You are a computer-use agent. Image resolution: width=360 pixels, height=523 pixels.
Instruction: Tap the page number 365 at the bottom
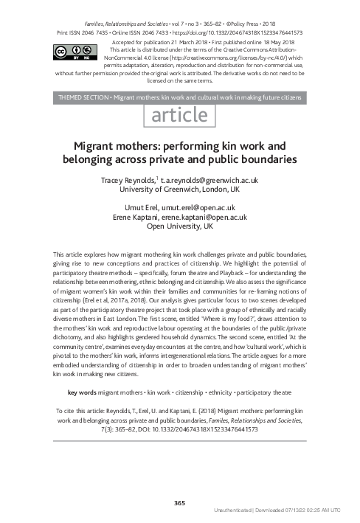(179, 503)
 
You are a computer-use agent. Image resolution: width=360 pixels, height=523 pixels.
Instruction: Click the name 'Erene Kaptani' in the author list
(139, 218)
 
